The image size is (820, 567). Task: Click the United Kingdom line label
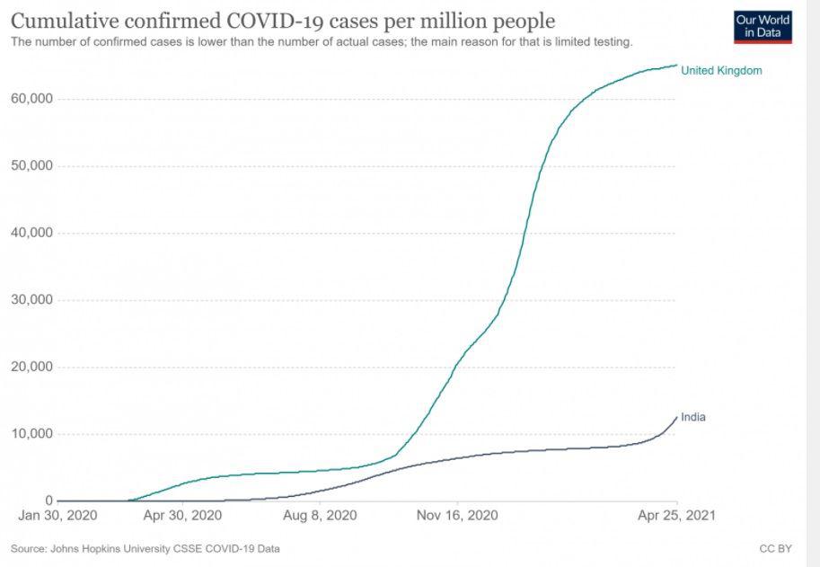click(721, 70)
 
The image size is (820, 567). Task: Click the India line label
click(693, 417)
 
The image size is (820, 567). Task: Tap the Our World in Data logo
click(763, 27)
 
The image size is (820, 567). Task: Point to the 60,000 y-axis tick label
click(32, 99)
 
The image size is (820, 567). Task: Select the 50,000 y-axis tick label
click(32, 166)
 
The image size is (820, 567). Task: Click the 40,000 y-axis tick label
click(32, 233)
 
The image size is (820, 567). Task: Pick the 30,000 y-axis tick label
click(32, 300)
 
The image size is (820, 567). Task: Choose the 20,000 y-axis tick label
click(32, 367)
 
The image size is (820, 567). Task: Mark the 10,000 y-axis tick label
click(32, 434)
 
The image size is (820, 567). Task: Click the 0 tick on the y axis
click(49, 501)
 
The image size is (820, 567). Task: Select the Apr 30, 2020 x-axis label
click(182, 517)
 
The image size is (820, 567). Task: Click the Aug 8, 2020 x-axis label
click(320, 517)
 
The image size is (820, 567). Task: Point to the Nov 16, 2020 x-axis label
click(458, 517)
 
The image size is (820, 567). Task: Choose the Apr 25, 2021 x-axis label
click(676, 517)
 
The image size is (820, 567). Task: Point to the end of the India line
click(677, 417)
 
